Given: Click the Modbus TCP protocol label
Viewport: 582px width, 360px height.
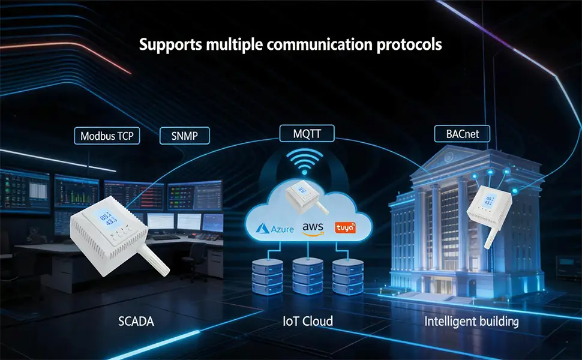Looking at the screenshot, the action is click(107, 136).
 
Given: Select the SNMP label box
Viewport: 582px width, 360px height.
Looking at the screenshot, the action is click(184, 136).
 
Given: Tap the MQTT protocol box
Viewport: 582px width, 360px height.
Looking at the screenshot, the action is click(307, 133).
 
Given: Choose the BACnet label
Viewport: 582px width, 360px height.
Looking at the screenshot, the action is click(462, 134).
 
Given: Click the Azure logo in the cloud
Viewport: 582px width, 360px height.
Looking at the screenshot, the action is click(275, 229).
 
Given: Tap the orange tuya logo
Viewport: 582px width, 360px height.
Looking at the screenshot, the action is click(345, 227).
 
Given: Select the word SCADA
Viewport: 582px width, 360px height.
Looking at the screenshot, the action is click(136, 321).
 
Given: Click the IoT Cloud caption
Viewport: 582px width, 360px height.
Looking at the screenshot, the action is click(308, 321).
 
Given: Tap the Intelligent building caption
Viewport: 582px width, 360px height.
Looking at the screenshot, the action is click(472, 322).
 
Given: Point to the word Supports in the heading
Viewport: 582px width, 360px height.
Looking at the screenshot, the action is click(171, 45).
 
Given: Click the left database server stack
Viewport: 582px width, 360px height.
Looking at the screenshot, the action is click(268, 277).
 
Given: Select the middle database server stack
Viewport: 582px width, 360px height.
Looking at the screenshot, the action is click(308, 277).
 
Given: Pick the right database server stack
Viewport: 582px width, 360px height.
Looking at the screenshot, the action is click(348, 277).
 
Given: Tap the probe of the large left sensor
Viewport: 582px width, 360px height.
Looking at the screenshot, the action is click(154, 260).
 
